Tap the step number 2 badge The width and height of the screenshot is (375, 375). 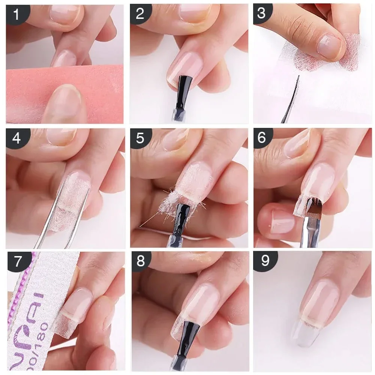tap(140, 14)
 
